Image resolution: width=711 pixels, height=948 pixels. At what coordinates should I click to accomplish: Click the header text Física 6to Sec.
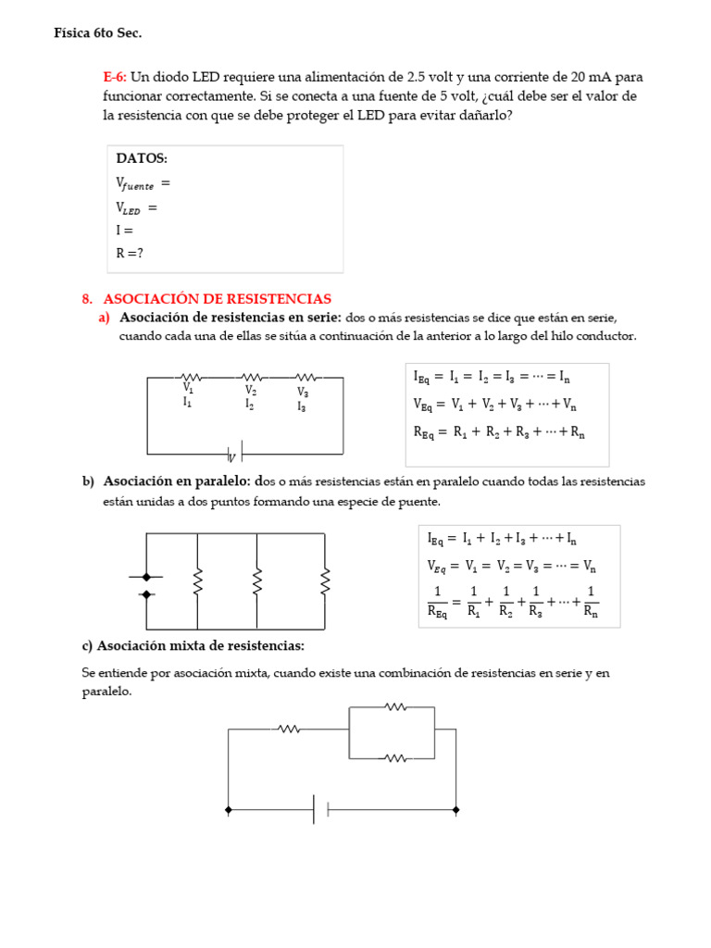tap(98, 33)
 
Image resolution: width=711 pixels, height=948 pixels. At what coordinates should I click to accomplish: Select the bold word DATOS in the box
tap(142, 158)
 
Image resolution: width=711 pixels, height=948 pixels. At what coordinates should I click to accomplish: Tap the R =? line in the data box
tap(130, 253)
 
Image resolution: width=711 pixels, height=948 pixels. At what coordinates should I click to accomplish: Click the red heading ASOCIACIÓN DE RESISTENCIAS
tap(217, 299)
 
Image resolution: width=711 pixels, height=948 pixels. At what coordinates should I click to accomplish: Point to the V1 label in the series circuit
tap(189, 389)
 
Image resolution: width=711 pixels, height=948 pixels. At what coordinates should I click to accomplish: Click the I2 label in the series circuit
tap(250, 404)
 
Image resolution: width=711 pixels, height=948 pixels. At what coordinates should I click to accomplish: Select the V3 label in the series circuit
tap(303, 393)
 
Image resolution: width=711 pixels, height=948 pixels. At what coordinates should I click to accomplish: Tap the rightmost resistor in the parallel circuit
tap(325, 582)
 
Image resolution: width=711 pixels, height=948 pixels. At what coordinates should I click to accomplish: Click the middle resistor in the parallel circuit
tap(257, 582)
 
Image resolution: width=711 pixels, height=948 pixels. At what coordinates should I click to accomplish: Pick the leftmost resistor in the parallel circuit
tap(197, 582)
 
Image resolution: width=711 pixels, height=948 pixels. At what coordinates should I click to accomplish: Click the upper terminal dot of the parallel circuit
tap(146, 577)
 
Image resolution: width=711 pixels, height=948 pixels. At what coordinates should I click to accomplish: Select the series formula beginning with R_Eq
tap(499, 431)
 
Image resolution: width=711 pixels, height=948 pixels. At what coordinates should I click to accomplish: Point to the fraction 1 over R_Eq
tap(438, 602)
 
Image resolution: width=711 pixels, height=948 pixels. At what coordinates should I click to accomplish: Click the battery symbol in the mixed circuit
tap(321, 809)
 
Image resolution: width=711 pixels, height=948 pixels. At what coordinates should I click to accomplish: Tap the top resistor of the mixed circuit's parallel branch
tap(395, 707)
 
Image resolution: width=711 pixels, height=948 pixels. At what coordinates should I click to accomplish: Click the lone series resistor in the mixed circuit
tap(289, 730)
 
